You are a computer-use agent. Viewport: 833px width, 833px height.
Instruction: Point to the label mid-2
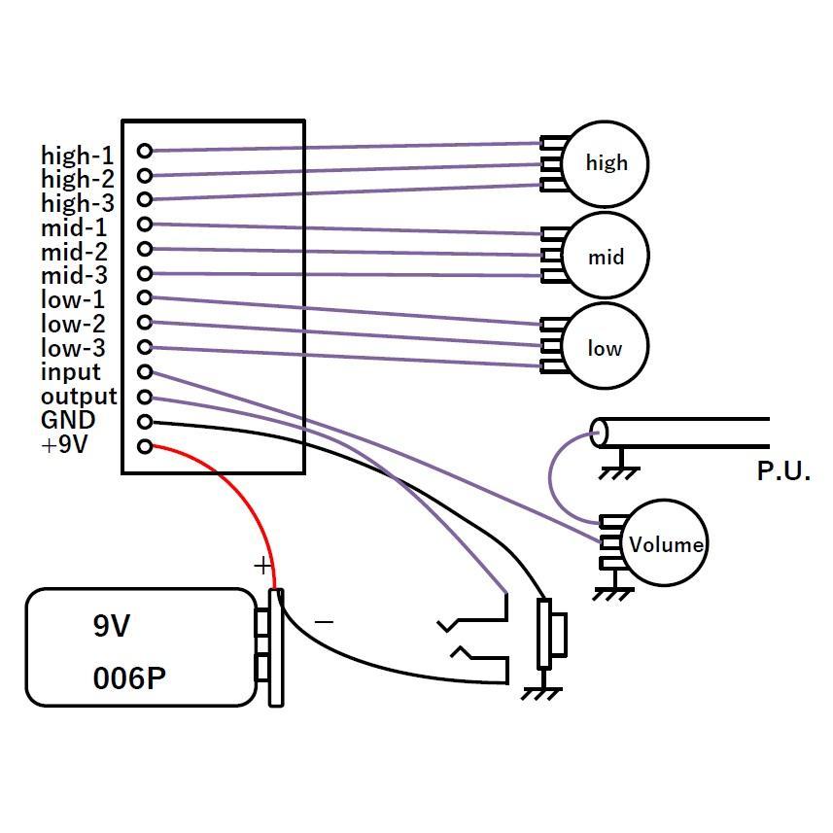[74, 252]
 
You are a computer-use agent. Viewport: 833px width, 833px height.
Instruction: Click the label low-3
[73, 348]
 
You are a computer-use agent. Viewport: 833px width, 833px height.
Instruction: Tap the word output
[79, 397]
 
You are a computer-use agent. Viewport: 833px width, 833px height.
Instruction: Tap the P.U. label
[783, 470]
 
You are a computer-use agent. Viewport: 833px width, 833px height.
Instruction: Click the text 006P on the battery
[129, 678]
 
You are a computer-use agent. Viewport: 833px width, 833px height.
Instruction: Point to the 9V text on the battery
[111, 626]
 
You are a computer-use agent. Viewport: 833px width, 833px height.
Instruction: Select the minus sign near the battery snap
[324, 621]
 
